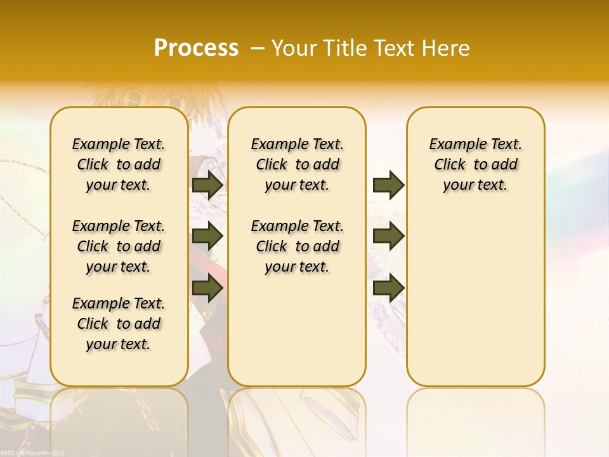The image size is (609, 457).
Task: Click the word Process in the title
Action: (x=196, y=48)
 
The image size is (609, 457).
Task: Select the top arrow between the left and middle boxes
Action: (x=207, y=185)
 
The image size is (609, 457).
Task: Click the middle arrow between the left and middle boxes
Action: (x=207, y=236)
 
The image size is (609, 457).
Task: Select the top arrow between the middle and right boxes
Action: (x=388, y=185)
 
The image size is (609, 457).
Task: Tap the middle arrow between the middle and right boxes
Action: (x=388, y=236)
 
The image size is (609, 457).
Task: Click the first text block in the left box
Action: (x=119, y=164)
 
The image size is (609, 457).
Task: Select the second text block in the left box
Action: (x=119, y=246)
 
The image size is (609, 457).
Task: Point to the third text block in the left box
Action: (x=119, y=324)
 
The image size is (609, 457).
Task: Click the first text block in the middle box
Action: (x=297, y=164)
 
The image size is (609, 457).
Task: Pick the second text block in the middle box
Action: (x=297, y=246)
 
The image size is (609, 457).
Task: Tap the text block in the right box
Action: (x=475, y=164)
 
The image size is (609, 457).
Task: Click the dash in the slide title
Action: (x=258, y=48)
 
